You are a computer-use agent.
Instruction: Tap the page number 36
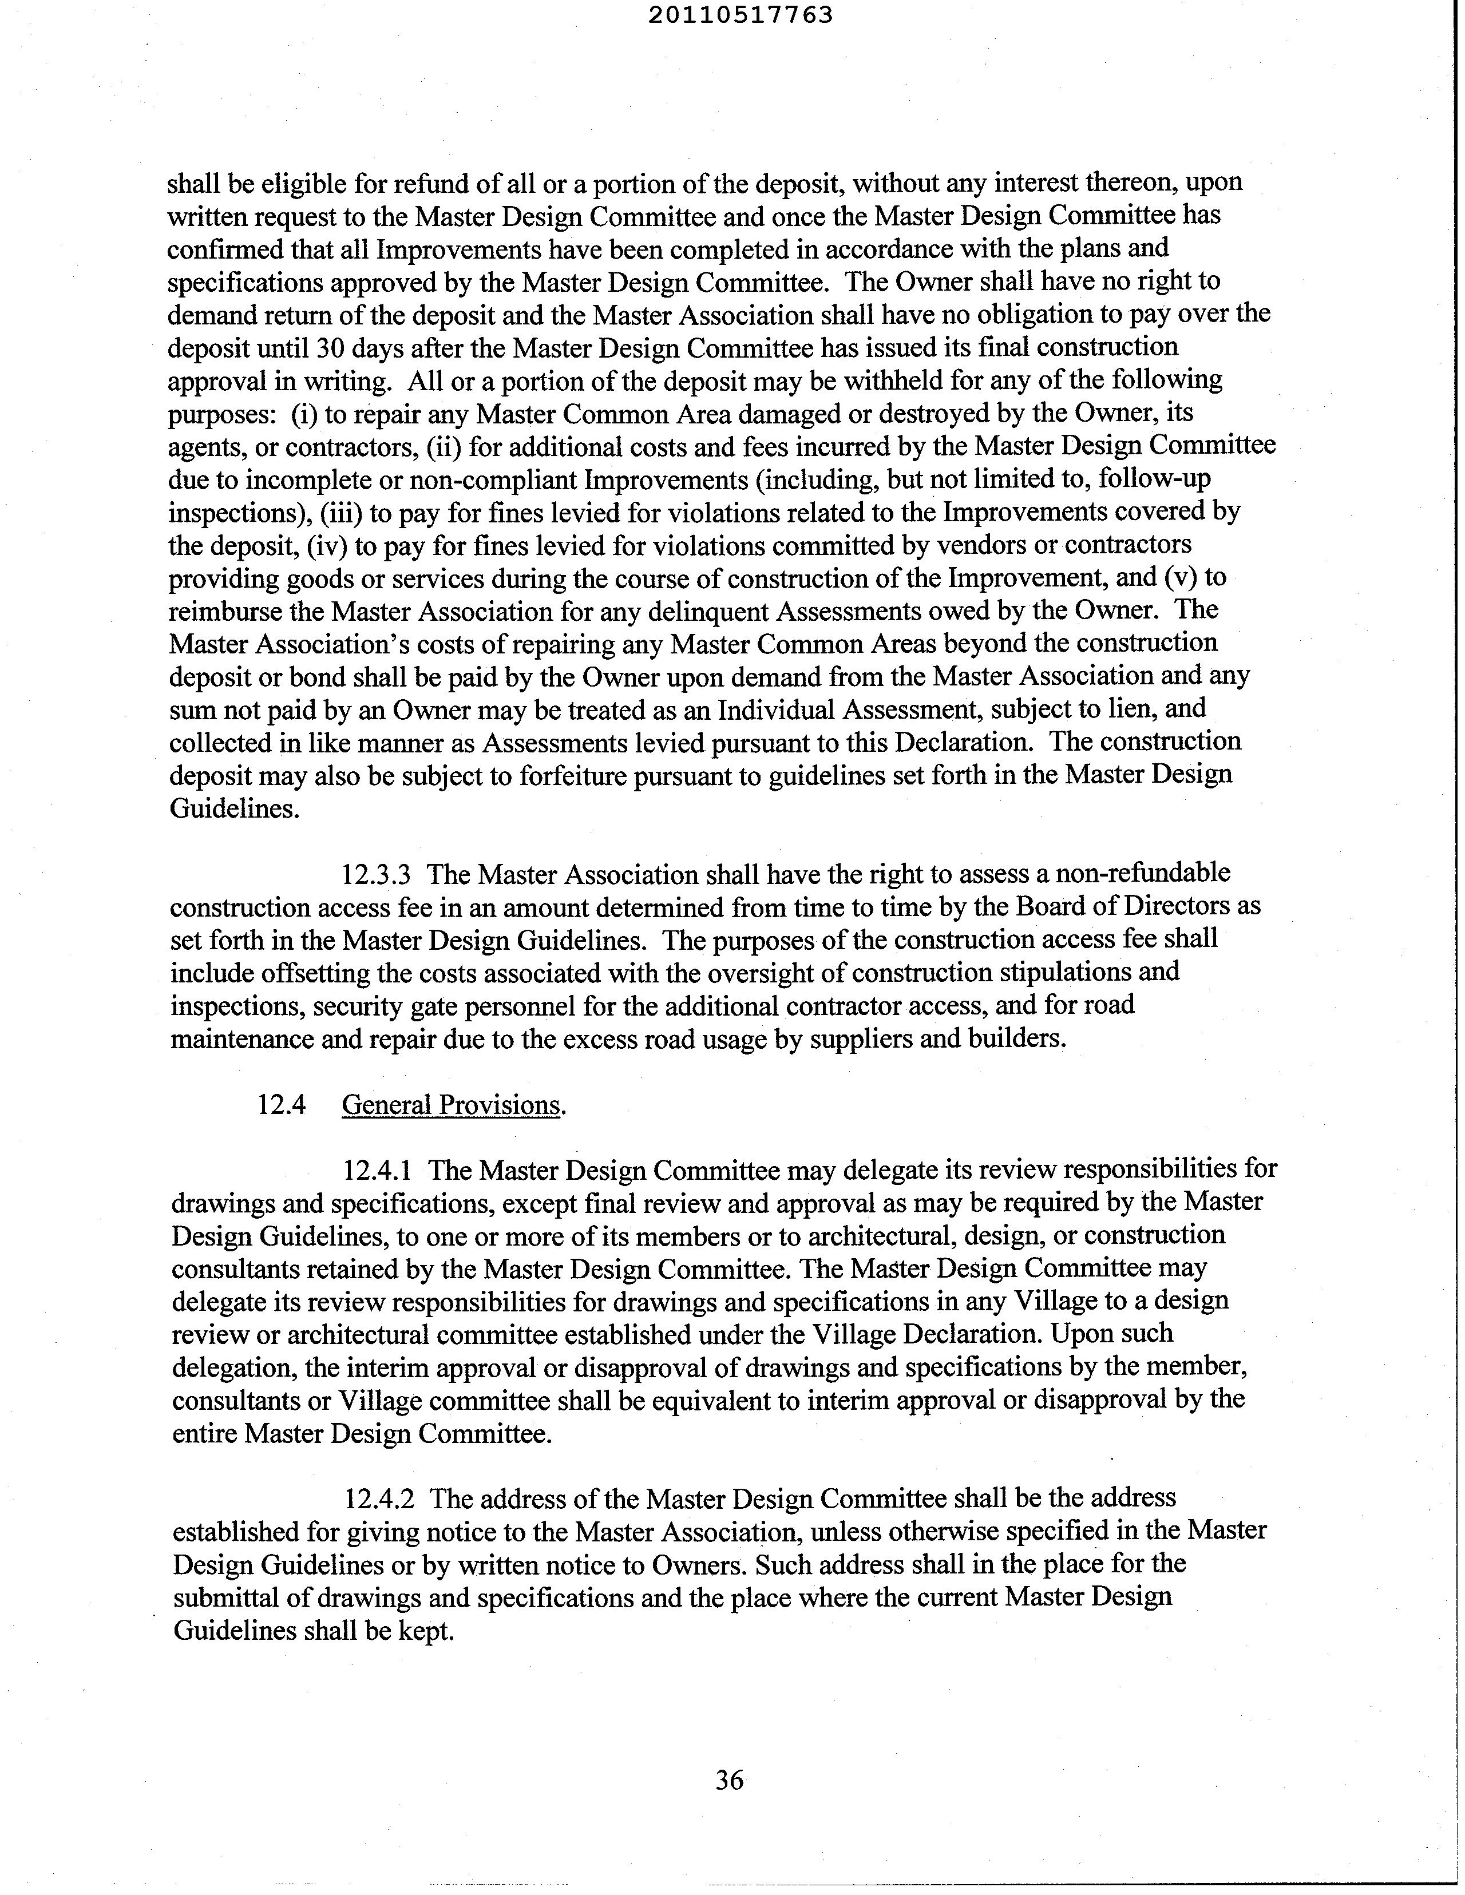tap(729, 1779)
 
